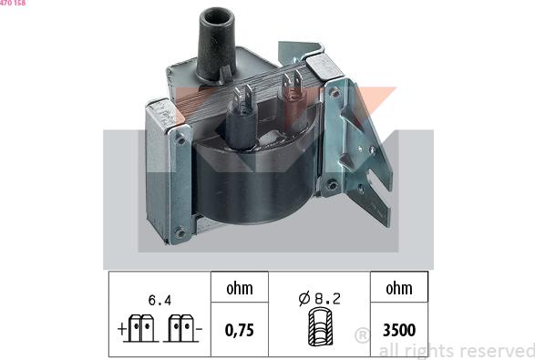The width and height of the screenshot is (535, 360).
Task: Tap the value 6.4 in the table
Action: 158,297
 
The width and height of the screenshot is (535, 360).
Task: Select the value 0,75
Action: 239,330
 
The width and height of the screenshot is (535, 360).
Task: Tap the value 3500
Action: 397,330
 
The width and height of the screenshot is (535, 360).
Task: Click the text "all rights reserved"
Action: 456,351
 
